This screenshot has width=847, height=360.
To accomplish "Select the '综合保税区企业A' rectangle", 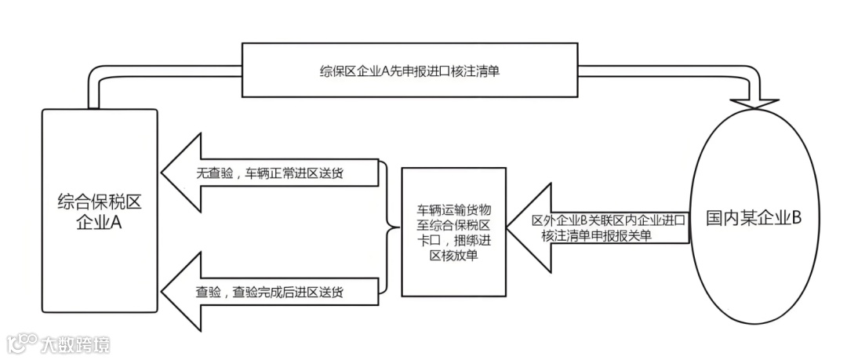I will point(100,212).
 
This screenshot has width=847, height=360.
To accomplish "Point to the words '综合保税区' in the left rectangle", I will point(100,202).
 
